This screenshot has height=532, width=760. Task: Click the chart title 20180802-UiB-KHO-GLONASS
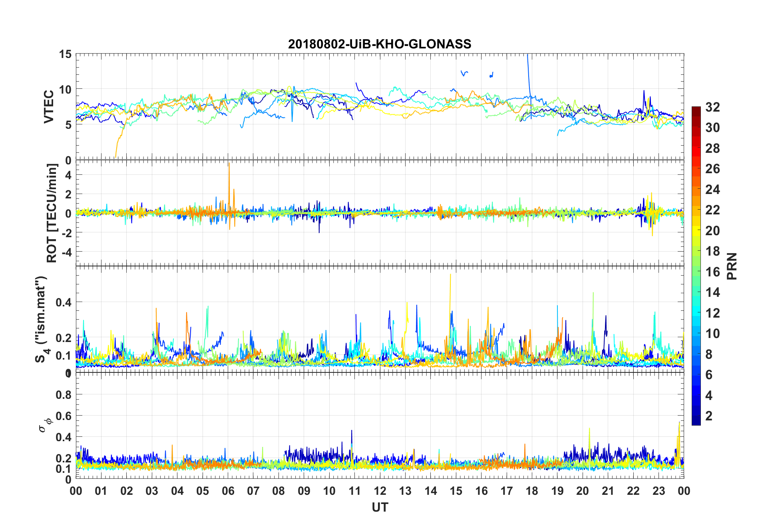point(380,44)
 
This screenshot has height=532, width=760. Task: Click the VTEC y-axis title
point(49,107)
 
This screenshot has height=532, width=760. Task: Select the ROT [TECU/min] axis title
point(52,213)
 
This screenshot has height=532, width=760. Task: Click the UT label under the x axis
point(380,508)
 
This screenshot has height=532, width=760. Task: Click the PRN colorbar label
point(732,266)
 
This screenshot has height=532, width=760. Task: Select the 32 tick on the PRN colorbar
point(712,107)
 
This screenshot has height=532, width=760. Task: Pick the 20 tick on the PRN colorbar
point(712,230)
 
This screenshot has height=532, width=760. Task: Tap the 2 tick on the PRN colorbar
point(709,416)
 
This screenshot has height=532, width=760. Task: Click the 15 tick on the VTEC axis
point(66,54)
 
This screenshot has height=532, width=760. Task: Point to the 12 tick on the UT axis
point(380,491)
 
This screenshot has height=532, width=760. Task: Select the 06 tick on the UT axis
point(228,491)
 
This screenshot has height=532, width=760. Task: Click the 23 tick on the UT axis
point(659,491)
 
